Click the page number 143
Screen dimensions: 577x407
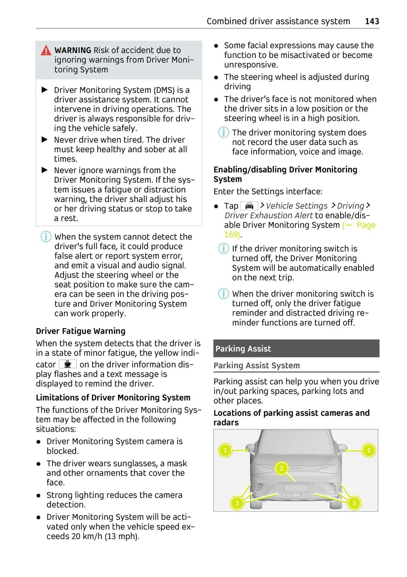(372, 21)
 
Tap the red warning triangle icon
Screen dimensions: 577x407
(46, 50)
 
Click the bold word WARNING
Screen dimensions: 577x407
(73, 50)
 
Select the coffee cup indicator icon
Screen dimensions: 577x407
(67, 364)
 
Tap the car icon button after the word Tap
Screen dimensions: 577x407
(249, 206)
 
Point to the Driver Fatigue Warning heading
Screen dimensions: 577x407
(81, 331)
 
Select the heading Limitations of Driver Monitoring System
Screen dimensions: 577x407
(113, 397)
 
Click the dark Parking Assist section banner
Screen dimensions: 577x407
(296, 349)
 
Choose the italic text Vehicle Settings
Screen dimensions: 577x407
(296, 206)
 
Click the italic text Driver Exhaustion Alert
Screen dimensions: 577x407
(268, 215)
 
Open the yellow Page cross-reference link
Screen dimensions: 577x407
(366, 225)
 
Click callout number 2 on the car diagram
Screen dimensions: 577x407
(281, 469)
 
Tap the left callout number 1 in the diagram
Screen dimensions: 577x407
(225, 450)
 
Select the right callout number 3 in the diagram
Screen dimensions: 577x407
(354, 503)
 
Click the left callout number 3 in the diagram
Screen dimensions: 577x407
(237, 503)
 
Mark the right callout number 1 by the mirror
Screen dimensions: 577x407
(369, 450)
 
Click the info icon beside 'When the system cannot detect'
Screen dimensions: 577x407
(46, 236)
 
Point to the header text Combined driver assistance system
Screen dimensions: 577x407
(278, 21)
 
